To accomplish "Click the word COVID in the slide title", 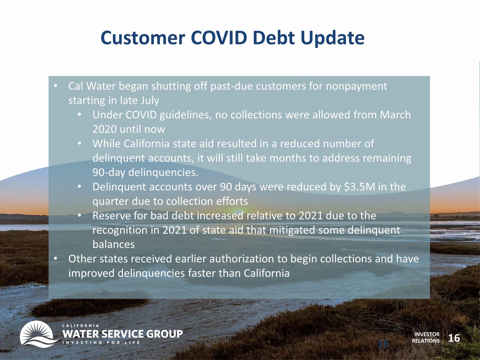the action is coord(219,38).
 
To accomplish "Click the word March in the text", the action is coord(396,115).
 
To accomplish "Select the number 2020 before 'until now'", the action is coord(104,129).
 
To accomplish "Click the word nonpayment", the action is coord(356,87).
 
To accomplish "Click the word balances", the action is coord(114,244).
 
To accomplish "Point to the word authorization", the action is coord(242,259).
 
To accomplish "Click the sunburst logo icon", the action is coord(37,334).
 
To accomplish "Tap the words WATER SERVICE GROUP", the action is coord(123,334).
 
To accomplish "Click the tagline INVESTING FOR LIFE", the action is coord(101,342).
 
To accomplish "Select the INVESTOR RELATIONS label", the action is coord(426,337).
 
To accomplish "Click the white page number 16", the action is coord(454,338).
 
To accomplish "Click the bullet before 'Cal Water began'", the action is coord(56,86).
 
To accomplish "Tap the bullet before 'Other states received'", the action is coord(56,259).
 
